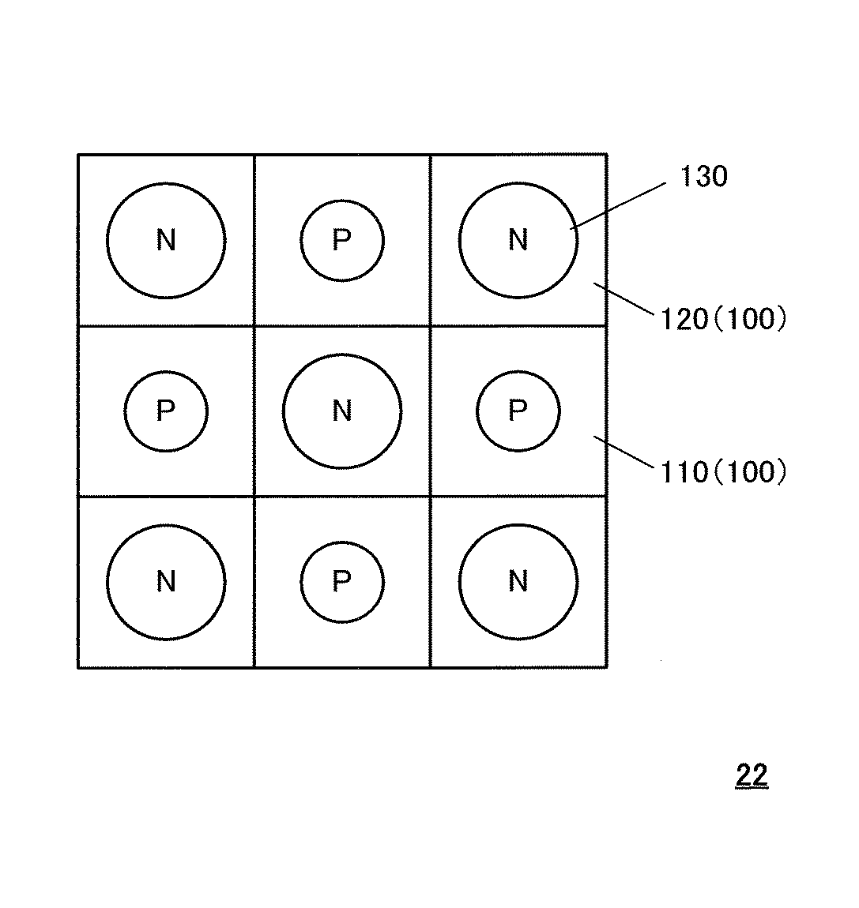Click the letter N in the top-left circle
tap(166, 239)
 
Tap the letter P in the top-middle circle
tap(341, 239)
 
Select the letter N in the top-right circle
tap(518, 239)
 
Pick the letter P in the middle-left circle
tap(165, 411)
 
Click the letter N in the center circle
tap(342, 411)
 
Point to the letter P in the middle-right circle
tap(518, 411)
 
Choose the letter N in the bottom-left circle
tap(166, 582)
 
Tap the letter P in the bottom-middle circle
tap(341, 582)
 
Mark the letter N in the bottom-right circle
tap(518, 582)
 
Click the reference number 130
tap(703, 177)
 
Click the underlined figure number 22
tap(752, 775)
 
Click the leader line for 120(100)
tap(624, 299)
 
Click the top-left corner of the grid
tap(78, 155)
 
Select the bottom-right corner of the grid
tap(607, 668)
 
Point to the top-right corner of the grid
tap(607, 155)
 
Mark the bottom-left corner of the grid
tap(78, 668)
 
